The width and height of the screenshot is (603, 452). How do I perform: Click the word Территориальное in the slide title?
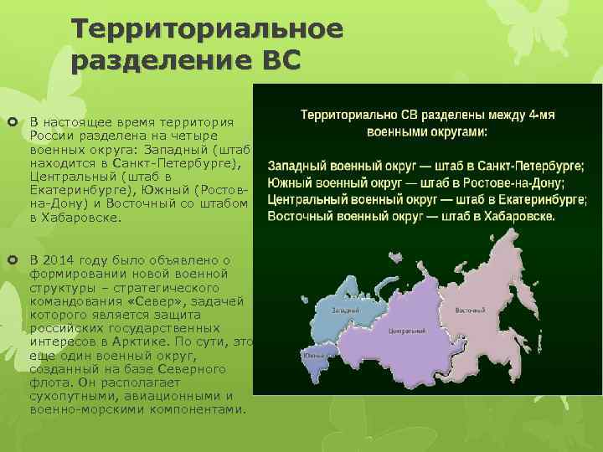207,29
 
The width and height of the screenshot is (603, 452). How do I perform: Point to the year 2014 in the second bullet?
65,259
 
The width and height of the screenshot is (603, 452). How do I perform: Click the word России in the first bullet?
49,136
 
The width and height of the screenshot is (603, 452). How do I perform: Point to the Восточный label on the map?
471,310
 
